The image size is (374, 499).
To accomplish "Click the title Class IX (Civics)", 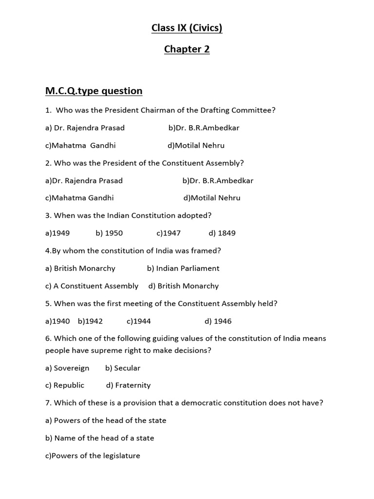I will click(x=187, y=28).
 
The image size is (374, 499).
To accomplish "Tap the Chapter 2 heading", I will click(x=187, y=49).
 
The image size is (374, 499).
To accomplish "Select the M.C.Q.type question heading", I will click(x=93, y=91).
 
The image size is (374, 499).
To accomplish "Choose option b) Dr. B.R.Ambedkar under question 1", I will click(x=204, y=128).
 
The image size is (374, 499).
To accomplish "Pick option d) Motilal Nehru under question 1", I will click(x=196, y=145).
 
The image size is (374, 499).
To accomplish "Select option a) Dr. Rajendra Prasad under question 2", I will click(x=84, y=180).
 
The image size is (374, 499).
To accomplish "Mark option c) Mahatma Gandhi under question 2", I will click(x=79, y=198).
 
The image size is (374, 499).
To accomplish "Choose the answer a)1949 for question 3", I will click(x=57, y=233).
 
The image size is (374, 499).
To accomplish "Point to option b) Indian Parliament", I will click(x=183, y=268).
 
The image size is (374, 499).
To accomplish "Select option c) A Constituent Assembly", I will click(x=92, y=286).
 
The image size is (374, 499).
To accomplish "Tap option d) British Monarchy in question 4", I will click(x=184, y=286).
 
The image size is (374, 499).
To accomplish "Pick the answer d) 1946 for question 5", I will click(x=218, y=321).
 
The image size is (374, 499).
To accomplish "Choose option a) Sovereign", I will click(x=67, y=368).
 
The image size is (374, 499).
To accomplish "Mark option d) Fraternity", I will click(x=128, y=385).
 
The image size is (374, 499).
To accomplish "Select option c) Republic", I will click(x=65, y=385).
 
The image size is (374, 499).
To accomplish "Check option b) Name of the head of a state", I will click(x=99, y=438).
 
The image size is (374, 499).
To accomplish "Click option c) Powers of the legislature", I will click(x=93, y=456).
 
